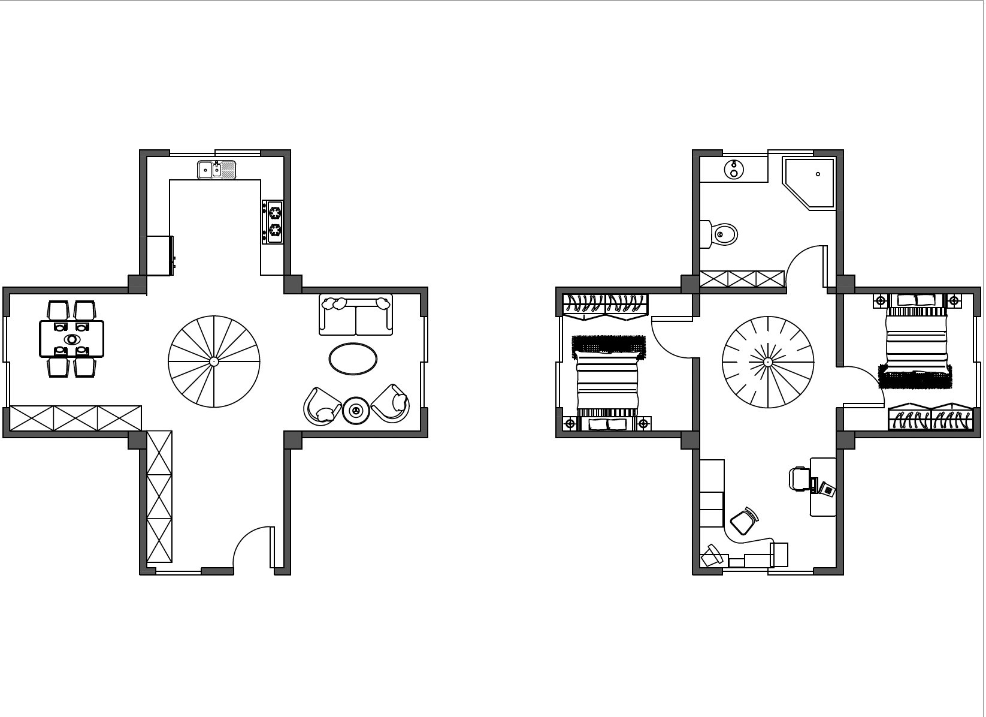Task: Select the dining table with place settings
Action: coord(72,339)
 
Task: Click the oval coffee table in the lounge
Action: coord(353,358)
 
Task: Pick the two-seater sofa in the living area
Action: coord(356,315)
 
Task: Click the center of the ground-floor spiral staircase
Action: coord(214,361)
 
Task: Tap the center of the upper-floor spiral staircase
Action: coord(768,361)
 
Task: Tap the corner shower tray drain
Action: coord(818,174)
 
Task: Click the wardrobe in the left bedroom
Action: coord(605,303)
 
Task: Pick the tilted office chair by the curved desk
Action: coord(743,521)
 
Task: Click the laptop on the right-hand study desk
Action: coord(827,489)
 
